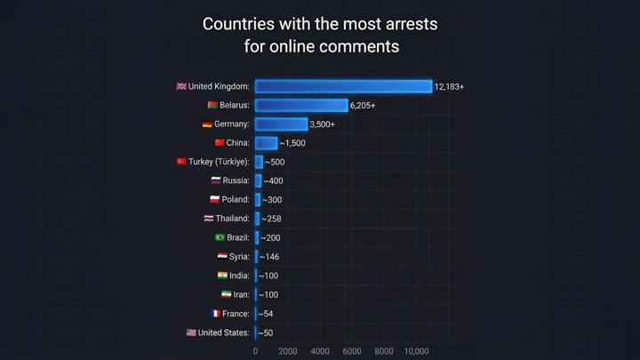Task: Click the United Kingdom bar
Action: (x=343, y=86)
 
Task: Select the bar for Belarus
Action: (x=301, y=105)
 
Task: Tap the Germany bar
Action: (x=281, y=124)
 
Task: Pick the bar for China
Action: (x=266, y=143)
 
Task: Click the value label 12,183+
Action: (x=450, y=86)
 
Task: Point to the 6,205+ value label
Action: (x=363, y=105)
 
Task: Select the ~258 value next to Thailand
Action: (x=271, y=219)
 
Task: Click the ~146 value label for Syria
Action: (x=269, y=257)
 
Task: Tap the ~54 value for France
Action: (x=266, y=314)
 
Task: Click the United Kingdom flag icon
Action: (x=181, y=86)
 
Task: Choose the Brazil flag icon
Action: (x=220, y=237)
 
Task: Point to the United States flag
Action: (x=191, y=332)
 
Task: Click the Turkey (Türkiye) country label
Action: (x=219, y=162)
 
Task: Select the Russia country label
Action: (x=236, y=180)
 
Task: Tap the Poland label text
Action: (x=236, y=200)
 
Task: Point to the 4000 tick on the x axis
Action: (x=320, y=352)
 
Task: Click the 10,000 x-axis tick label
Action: (x=416, y=352)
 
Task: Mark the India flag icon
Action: (x=222, y=276)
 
